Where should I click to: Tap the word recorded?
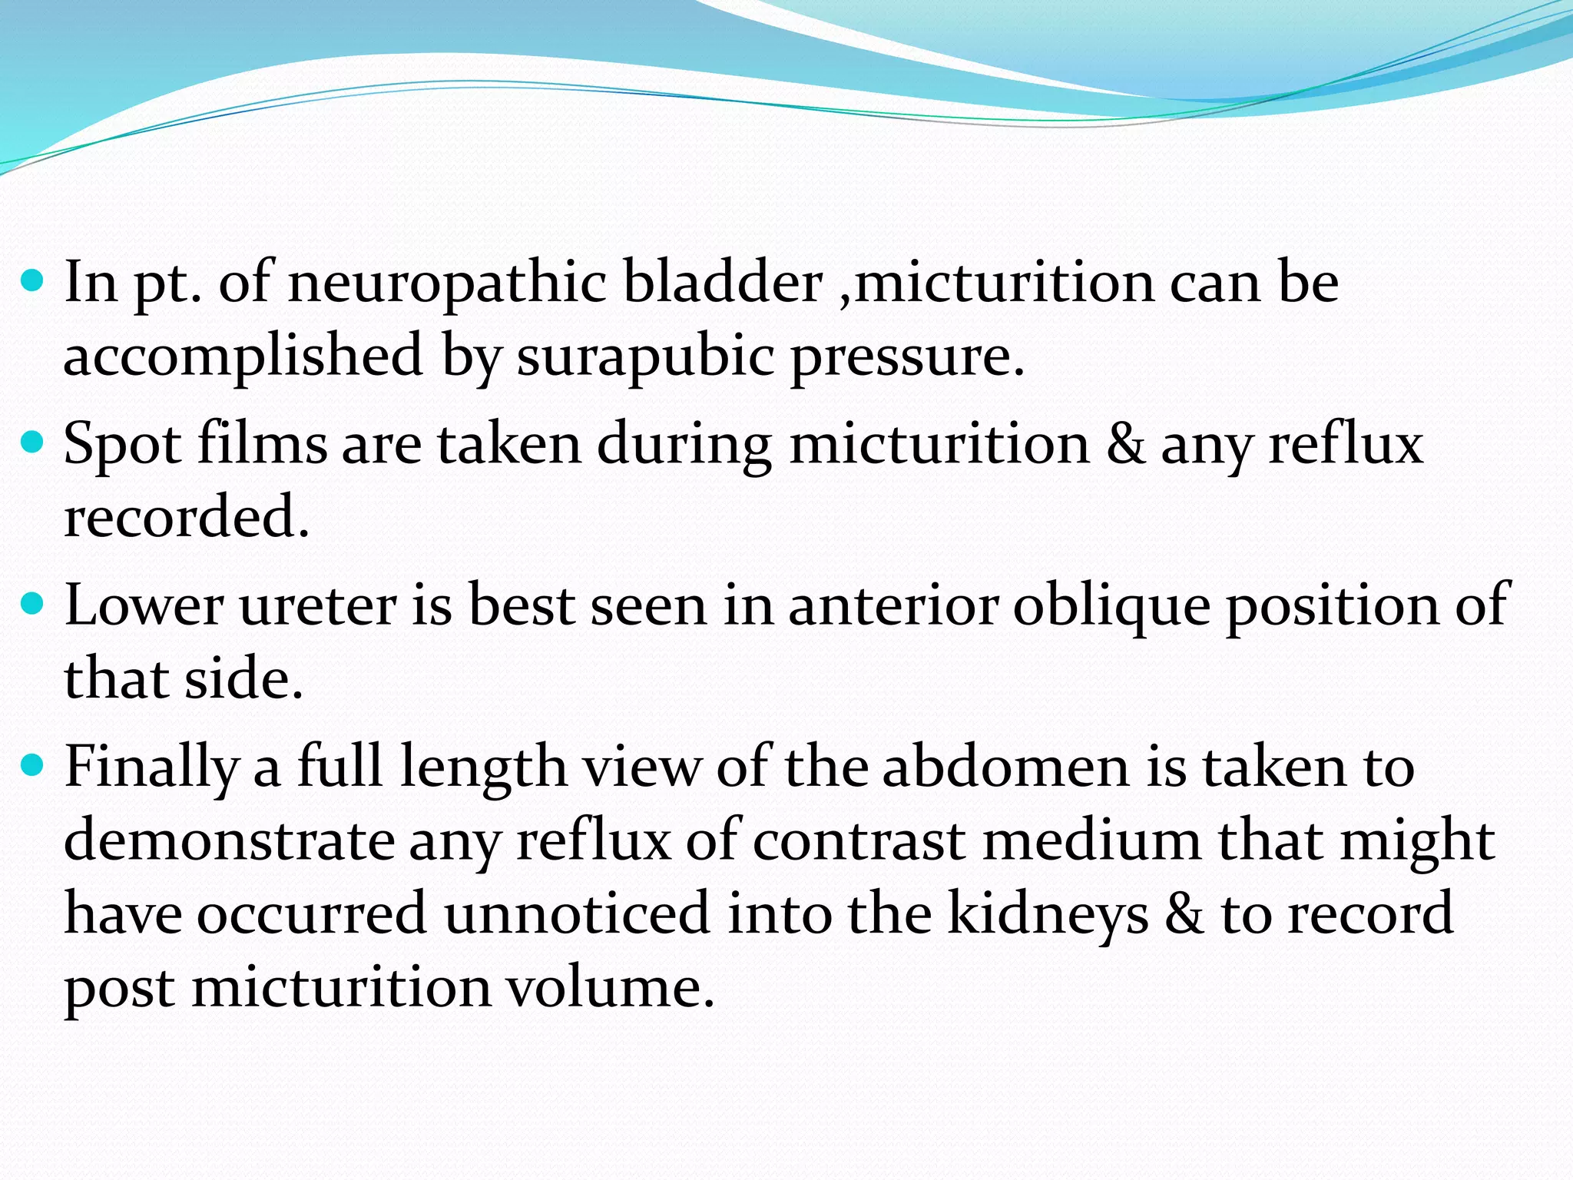pyautogui.click(x=186, y=517)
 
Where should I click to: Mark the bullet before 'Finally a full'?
pyautogui.click(x=32, y=764)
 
